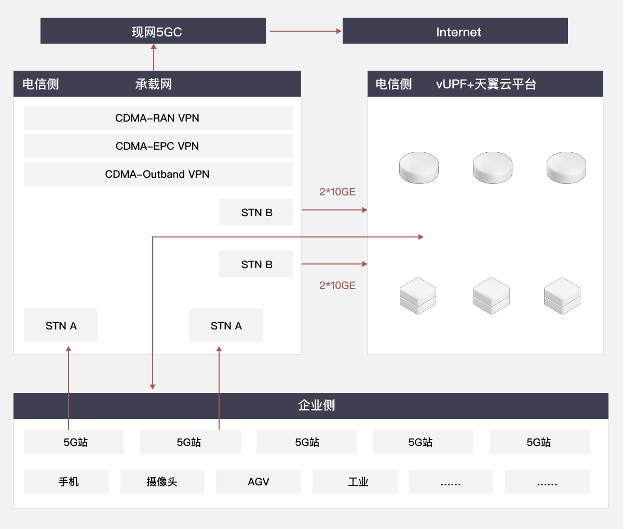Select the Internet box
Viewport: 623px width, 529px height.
point(455,31)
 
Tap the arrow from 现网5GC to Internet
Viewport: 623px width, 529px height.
point(304,31)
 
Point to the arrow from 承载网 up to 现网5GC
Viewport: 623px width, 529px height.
point(154,58)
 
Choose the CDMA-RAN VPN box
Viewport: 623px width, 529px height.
point(158,118)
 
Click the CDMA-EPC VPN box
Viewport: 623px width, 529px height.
point(158,146)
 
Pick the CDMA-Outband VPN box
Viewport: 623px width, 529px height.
point(158,174)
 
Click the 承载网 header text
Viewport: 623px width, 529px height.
point(154,84)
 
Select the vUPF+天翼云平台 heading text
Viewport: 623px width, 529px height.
point(486,84)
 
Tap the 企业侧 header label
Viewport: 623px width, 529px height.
point(317,405)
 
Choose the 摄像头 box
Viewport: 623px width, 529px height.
point(162,482)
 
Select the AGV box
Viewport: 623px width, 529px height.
point(259,482)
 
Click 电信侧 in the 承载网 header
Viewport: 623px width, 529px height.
point(40,84)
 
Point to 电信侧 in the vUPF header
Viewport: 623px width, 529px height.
point(394,84)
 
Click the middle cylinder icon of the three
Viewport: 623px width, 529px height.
point(492,167)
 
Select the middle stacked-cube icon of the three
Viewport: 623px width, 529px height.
point(492,295)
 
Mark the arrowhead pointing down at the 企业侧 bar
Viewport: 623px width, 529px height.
point(153,386)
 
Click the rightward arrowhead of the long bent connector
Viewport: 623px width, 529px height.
point(421,237)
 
